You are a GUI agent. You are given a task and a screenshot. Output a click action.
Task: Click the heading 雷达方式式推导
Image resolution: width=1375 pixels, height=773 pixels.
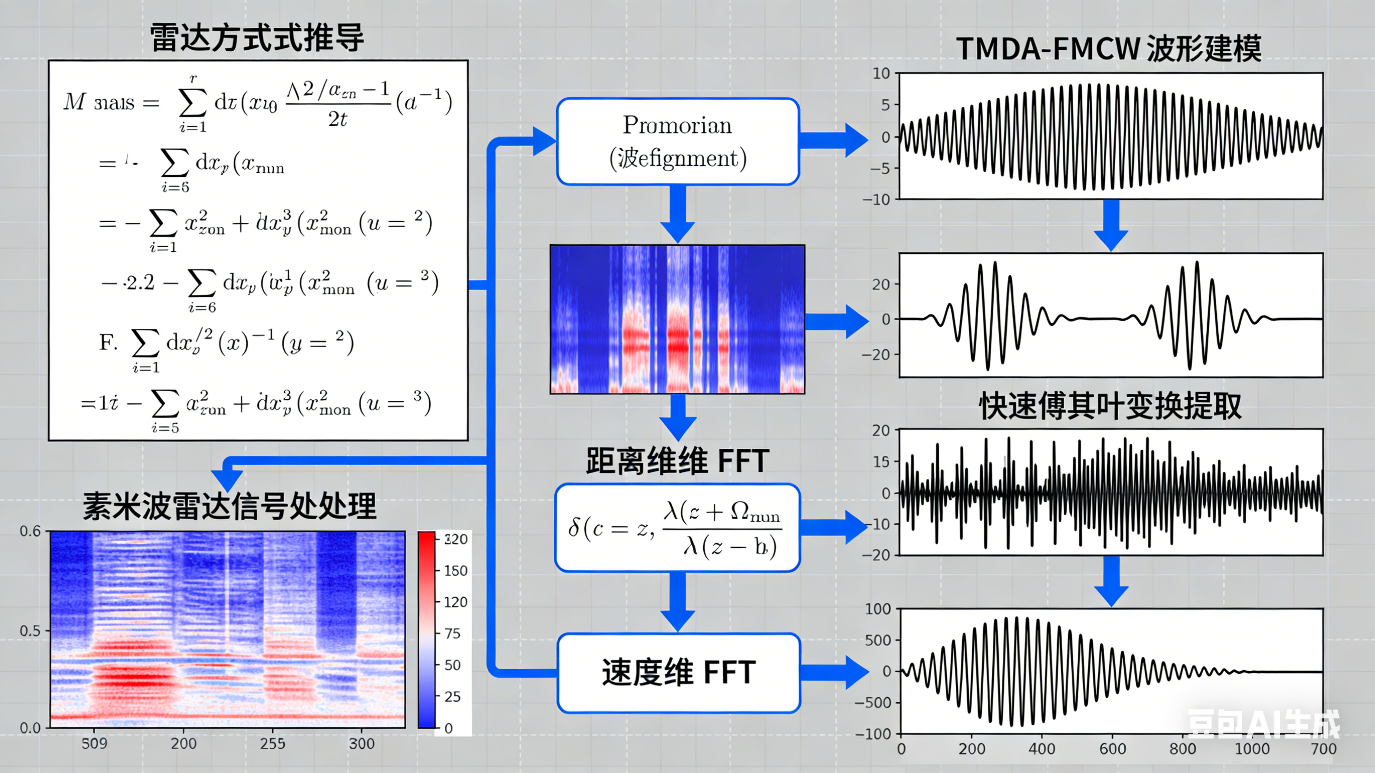pos(257,38)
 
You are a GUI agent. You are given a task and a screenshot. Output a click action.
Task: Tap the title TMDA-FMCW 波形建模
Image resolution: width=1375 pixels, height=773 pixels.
pos(1108,48)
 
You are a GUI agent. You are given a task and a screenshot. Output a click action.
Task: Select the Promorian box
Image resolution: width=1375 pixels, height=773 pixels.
pos(677,142)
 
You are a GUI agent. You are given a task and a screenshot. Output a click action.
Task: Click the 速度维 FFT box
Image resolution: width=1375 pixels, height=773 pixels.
pos(678,673)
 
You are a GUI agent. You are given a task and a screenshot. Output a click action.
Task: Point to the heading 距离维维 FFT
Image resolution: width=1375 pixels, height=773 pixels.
pos(677,461)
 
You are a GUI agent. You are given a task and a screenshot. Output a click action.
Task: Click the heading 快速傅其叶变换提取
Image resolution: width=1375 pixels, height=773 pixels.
pos(1110,406)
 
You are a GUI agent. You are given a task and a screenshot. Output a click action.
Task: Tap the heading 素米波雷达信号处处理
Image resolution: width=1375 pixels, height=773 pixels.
pos(230,506)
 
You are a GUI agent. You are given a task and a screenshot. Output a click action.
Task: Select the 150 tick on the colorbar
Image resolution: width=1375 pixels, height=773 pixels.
pos(455,571)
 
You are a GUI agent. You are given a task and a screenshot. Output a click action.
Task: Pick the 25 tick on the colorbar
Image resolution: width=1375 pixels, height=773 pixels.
pos(452,696)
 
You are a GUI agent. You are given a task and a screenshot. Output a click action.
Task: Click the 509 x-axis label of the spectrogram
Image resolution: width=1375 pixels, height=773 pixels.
pos(95,744)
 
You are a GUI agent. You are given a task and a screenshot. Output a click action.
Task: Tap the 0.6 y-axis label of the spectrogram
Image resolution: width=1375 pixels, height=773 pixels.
pos(30,531)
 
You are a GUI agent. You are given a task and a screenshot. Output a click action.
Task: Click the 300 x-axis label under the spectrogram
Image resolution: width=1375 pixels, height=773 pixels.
pos(361,744)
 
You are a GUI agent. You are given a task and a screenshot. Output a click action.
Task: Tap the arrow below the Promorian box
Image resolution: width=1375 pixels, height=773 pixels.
pos(677,214)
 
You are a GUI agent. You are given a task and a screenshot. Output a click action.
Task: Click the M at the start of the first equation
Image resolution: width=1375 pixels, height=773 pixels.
pos(74,101)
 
